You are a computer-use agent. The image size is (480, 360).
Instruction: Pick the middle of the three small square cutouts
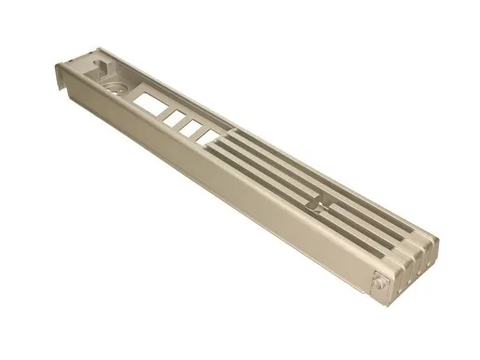[x=190, y=126]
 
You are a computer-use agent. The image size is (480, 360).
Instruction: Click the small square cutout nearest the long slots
[x=205, y=136]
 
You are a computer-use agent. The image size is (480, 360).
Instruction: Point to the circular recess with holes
[x=117, y=86]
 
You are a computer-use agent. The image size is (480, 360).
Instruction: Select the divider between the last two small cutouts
[x=198, y=132]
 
